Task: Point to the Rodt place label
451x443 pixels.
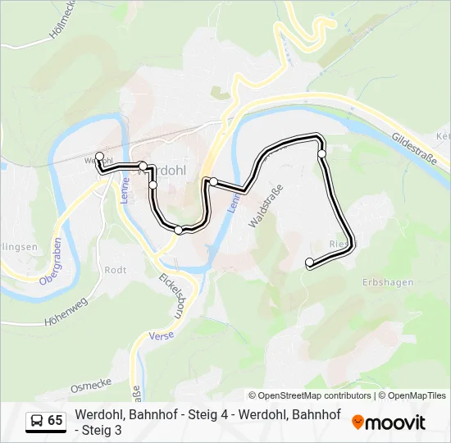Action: click(x=115, y=269)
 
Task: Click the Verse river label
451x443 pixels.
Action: click(x=161, y=336)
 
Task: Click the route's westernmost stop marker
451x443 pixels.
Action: click(x=100, y=156)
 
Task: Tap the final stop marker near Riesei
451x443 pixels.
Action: click(x=310, y=263)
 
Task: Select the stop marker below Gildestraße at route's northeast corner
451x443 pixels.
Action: click(x=322, y=153)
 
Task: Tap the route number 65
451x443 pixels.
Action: click(x=55, y=421)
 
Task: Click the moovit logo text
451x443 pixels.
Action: click(x=395, y=422)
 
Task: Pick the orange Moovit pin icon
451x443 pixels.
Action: click(x=358, y=422)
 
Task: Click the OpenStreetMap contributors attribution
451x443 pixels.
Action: click(x=310, y=395)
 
